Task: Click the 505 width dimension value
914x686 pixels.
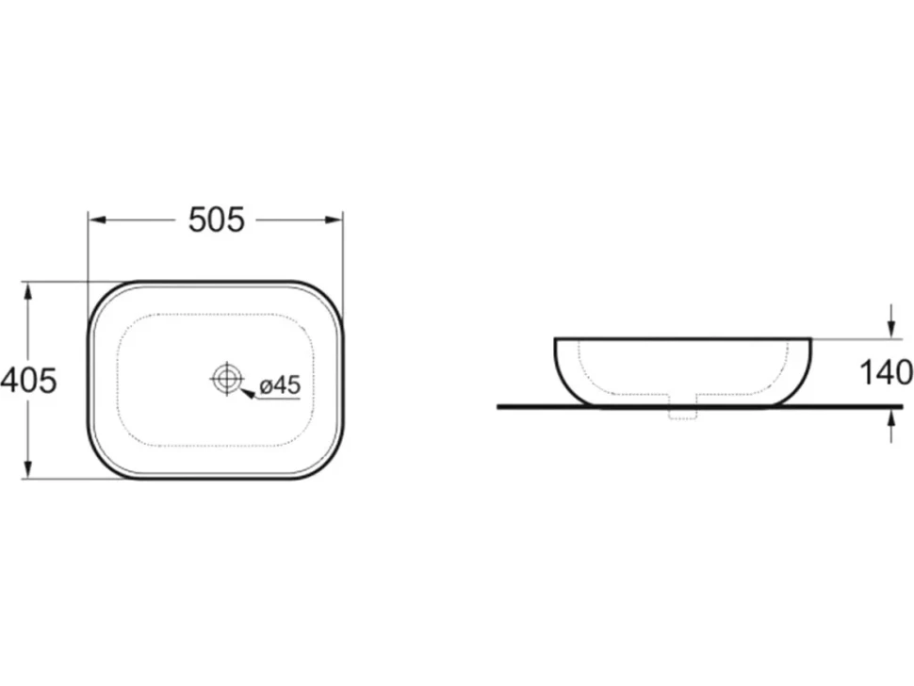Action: click(217, 220)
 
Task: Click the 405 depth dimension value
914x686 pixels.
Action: click(29, 381)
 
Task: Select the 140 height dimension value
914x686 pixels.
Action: click(887, 372)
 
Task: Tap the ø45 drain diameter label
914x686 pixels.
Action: click(280, 385)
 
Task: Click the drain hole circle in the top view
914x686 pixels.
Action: click(226, 380)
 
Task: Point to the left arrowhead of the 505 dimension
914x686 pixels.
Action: click(96, 220)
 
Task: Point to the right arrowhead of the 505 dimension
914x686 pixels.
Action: click(334, 220)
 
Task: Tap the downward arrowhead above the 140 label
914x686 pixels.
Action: click(890, 328)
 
